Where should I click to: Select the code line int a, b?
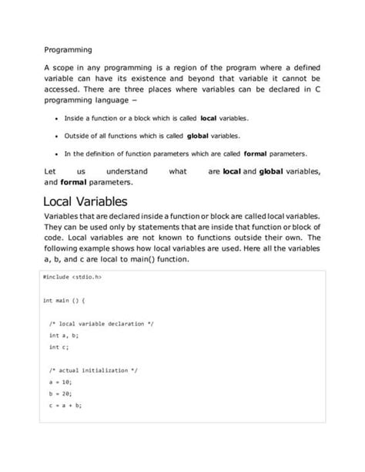tap(64, 335)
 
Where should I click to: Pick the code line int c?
tap(59, 347)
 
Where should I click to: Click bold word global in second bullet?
tap(198, 135)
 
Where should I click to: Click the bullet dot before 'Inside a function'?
tap(59, 119)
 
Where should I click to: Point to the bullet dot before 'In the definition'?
tap(59, 153)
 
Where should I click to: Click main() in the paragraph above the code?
tap(194, 259)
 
